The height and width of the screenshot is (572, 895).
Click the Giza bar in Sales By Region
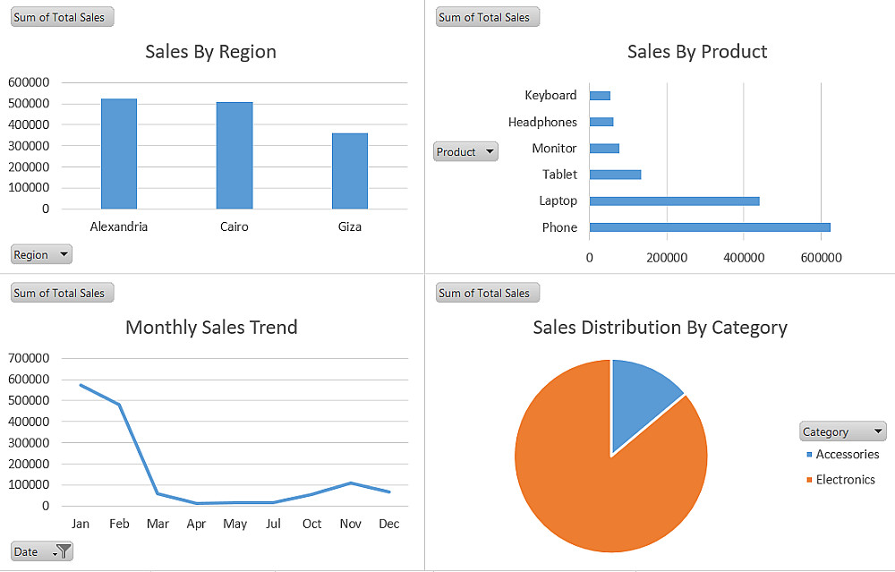click(350, 171)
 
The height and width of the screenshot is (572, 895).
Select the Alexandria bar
click(119, 154)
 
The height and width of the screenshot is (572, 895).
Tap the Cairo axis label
click(234, 226)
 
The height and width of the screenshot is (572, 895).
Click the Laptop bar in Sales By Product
click(674, 201)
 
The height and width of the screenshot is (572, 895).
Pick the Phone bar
click(710, 227)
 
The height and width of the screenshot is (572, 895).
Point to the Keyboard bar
click(600, 95)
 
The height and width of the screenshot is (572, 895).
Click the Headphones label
click(542, 122)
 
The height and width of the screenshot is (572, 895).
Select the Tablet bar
click(616, 175)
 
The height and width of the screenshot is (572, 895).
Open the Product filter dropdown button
click(465, 152)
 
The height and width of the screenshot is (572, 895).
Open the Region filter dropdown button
click(41, 254)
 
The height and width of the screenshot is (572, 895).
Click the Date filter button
click(42, 551)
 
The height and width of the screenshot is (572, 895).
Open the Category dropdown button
click(842, 431)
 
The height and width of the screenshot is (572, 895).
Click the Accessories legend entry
click(842, 455)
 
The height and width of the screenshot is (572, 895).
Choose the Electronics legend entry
click(840, 480)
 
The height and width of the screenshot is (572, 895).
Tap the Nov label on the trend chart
click(351, 524)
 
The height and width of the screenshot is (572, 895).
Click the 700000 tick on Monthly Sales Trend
click(29, 358)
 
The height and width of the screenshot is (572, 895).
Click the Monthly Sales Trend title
click(211, 327)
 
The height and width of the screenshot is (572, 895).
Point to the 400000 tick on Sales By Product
click(744, 258)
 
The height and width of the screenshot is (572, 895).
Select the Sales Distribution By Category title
click(660, 328)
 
